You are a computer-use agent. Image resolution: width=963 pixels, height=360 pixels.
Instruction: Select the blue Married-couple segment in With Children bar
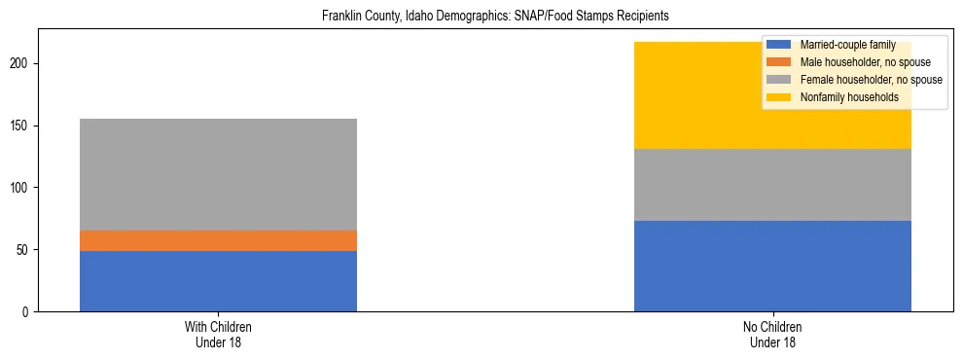click(218, 281)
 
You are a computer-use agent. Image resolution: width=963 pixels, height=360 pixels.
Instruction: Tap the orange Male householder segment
click(218, 240)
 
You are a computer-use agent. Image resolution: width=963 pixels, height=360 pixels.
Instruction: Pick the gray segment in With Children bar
click(218, 174)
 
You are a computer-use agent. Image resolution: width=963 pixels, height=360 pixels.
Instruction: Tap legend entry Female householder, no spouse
click(870, 80)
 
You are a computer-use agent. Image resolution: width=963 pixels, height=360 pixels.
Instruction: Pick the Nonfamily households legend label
click(849, 97)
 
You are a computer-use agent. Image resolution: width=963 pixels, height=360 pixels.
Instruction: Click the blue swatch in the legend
click(779, 45)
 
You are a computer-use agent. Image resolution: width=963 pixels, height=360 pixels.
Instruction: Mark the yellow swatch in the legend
click(779, 97)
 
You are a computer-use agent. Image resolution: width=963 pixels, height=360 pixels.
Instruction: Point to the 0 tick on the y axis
click(31, 311)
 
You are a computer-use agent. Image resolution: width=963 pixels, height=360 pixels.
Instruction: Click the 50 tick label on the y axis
click(28, 250)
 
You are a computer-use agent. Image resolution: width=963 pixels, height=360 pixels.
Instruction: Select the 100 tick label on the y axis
click(25, 188)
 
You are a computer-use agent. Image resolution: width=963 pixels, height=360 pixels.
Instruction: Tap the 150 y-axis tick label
click(25, 126)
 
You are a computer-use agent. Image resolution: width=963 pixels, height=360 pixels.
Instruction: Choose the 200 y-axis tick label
click(25, 64)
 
